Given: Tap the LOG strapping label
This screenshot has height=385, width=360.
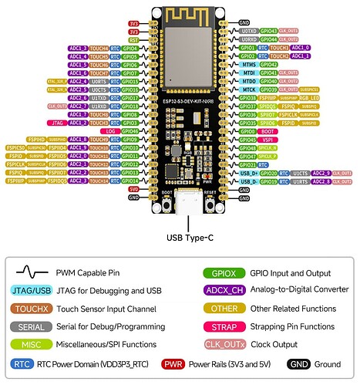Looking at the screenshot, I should pyautogui.click(x=110, y=130).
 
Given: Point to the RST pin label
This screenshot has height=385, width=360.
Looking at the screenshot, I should pyautogui.click(x=133, y=39).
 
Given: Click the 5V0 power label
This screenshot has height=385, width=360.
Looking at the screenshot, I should pyautogui.click(x=133, y=188).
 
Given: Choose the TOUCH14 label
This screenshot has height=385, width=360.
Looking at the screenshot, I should pyautogui.click(x=98, y=181).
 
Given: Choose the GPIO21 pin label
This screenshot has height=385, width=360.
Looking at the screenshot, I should pyautogui.click(x=249, y=164).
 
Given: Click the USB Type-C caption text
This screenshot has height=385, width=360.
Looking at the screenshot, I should pyautogui.click(x=187, y=238).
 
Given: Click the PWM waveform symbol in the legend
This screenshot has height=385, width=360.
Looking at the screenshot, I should pyautogui.click(x=32, y=272).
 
